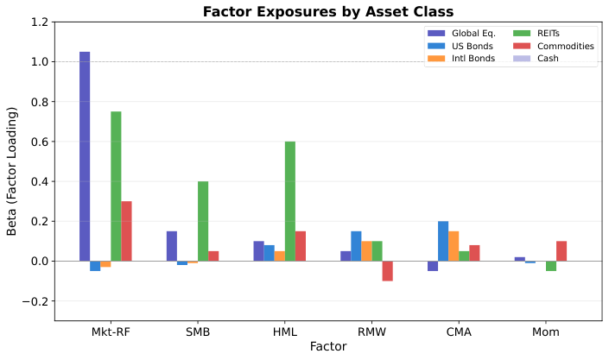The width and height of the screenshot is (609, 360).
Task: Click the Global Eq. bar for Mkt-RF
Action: tap(85, 156)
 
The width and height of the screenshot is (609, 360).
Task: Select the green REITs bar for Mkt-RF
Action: tap(116, 186)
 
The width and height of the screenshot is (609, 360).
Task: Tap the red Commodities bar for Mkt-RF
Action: tap(126, 231)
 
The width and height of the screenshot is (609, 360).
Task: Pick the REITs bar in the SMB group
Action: tap(203, 221)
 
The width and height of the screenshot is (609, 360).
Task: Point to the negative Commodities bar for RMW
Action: tap(387, 271)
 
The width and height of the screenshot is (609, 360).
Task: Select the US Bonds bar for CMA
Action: tap(443, 241)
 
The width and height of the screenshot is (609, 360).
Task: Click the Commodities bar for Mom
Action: tap(561, 251)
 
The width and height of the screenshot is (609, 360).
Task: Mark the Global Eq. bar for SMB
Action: tap(172, 246)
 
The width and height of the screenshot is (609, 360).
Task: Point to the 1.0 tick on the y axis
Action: tap(40, 62)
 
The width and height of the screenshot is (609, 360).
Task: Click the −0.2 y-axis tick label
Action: tap(36, 301)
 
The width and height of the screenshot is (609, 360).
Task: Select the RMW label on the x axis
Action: tap(371, 332)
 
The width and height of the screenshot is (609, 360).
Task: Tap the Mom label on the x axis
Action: tap(546, 332)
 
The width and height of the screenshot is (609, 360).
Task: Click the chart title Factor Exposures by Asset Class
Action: tap(328, 11)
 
